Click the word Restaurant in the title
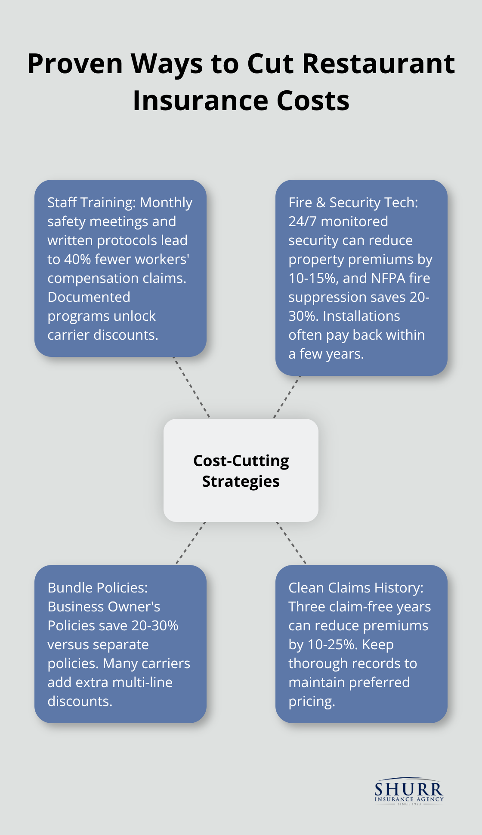tap(378, 64)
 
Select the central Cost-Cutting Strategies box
tap(241, 470)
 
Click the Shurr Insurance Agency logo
tap(408, 792)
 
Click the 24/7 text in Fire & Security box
tap(303, 221)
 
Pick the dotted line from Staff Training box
tap(191, 387)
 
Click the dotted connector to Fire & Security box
tap(287, 396)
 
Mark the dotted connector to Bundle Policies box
tap(191, 543)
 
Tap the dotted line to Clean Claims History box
tap(291, 543)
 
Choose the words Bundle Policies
tap(97, 588)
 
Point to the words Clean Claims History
tap(355, 588)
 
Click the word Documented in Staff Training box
tap(89, 297)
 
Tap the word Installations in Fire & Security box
tap(361, 316)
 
